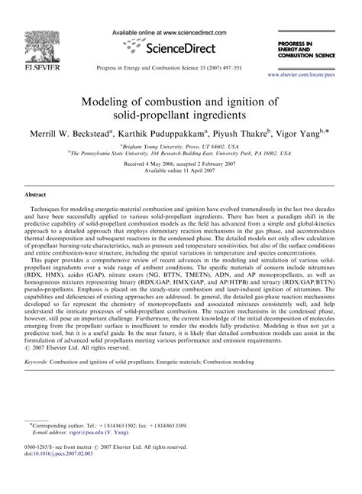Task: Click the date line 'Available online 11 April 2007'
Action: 180,171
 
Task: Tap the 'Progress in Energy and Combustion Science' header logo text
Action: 309,50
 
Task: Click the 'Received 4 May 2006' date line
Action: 180,164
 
